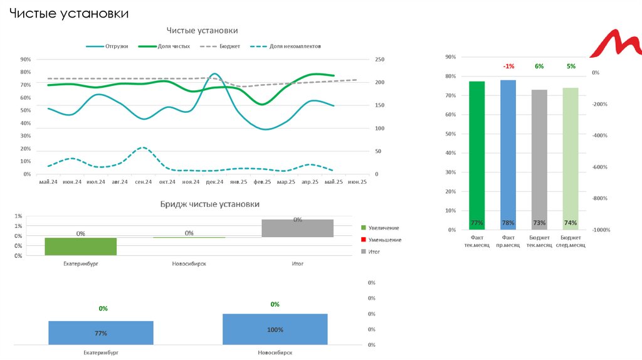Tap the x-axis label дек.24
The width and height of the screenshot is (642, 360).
point(215,182)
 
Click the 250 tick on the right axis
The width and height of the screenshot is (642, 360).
point(380,60)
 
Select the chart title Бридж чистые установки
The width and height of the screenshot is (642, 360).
point(209,204)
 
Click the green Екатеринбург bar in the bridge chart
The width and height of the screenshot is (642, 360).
point(81,246)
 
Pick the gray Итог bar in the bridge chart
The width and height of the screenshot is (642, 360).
point(297,228)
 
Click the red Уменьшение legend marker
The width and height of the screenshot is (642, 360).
point(364,240)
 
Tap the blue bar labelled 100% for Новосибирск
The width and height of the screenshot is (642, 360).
point(275,329)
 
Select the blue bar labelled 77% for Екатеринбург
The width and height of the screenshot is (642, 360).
point(101,332)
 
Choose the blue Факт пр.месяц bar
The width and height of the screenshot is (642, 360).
point(508,155)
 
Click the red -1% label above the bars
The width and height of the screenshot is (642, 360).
point(508,66)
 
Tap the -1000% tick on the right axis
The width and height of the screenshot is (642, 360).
point(601,230)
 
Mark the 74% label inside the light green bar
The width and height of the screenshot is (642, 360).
point(571,223)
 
